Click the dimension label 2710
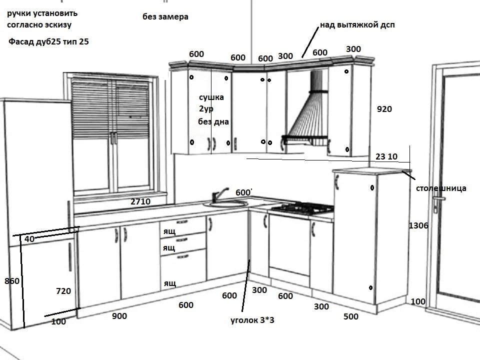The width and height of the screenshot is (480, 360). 140,201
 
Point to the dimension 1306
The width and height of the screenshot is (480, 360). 418,225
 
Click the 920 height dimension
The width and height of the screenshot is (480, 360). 384,109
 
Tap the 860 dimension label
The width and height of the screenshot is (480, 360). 12,281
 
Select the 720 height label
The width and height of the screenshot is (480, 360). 63,291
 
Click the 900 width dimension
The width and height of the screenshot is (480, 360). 119,316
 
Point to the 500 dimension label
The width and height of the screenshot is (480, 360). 351,316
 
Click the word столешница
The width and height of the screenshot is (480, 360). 441,188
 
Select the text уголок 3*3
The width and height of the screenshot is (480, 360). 252,320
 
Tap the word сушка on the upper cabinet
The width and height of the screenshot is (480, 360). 211,97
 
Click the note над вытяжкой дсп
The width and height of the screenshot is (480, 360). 357,24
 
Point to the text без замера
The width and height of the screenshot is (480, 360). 165,16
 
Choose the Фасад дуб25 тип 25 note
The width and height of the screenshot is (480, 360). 49,42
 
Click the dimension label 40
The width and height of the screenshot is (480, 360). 29,239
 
